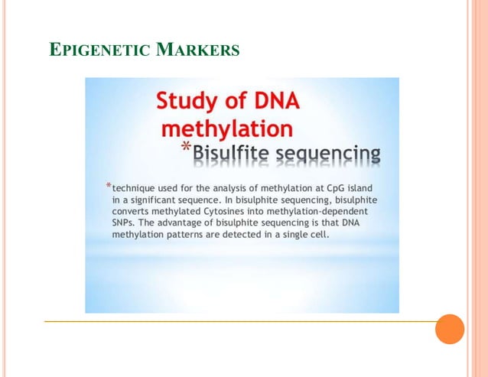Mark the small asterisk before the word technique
(x=108, y=187)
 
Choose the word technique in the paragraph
(x=136, y=188)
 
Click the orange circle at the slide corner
(x=450, y=329)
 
